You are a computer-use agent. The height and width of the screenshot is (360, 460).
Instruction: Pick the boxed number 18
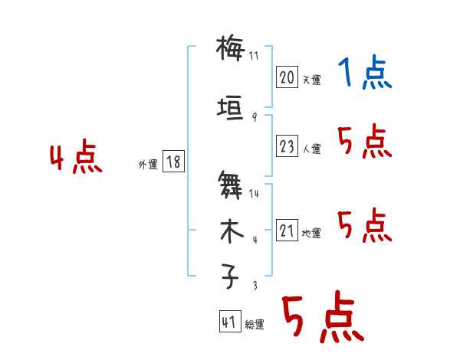click(173, 162)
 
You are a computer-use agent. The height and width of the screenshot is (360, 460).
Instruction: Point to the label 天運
click(311, 80)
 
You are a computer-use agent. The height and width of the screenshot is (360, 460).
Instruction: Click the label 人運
click(311, 149)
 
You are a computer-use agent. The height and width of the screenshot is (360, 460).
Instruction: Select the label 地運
click(311, 233)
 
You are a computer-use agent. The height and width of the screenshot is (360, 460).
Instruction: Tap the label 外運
click(148, 164)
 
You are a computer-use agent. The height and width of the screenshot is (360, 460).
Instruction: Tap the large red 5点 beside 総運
click(323, 317)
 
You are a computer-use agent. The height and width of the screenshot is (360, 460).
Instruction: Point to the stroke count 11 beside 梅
click(255, 56)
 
